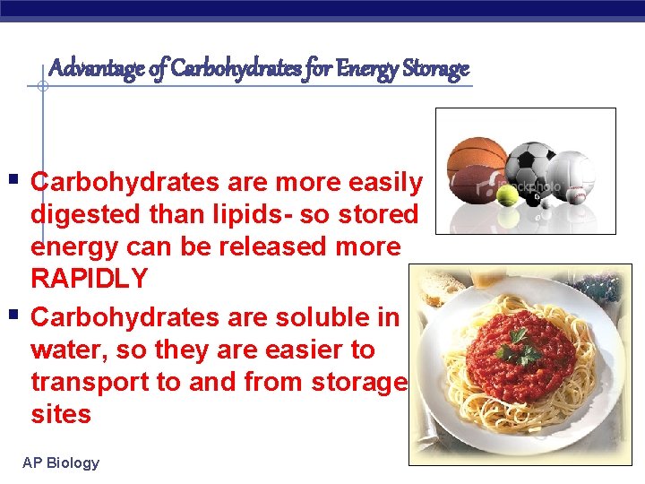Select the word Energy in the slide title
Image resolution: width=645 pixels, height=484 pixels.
pyautogui.click(x=364, y=68)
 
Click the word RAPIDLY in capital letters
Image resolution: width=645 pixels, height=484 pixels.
pyautogui.click(x=90, y=279)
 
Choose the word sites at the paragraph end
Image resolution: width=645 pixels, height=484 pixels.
pyautogui.click(x=61, y=414)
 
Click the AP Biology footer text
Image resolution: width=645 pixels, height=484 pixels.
pyautogui.click(x=61, y=462)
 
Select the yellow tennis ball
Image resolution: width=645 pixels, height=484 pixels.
pyautogui.click(x=508, y=194)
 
